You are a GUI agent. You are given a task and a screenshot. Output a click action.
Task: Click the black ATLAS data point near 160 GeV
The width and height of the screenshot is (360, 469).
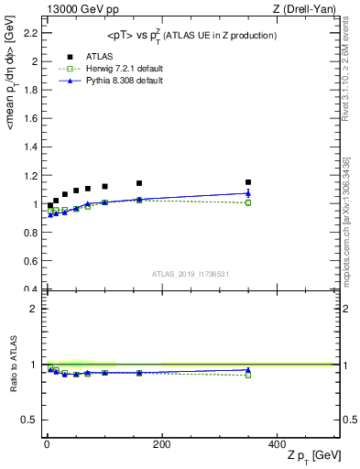(x=139, y=183)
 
